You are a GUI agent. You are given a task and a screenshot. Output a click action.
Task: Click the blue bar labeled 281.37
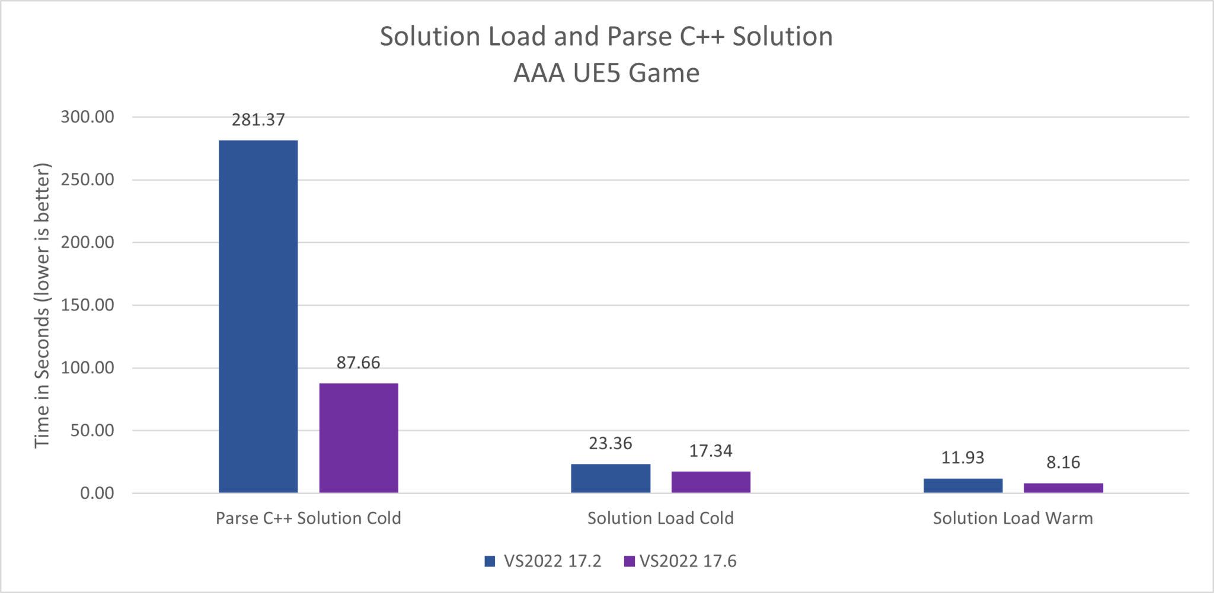point(258,316)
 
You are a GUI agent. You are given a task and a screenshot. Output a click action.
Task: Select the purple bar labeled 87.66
point(359,438)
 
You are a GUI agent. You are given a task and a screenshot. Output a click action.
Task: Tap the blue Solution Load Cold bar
point(611,478)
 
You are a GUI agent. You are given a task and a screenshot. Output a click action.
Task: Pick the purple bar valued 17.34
point(711,482)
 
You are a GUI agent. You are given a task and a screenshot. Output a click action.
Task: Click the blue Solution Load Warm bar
point(963,485)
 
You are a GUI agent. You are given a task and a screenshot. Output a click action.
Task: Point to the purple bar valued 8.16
point(1063,488)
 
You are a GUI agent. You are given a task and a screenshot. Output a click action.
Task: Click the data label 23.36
point(610,443)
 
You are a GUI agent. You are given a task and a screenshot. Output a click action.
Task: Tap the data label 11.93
point(963,457)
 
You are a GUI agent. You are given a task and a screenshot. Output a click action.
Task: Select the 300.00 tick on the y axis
point(88,117)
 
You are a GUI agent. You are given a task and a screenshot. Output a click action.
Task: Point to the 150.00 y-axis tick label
point(88,305)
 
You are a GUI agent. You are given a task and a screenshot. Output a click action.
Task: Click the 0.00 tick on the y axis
point(97,493)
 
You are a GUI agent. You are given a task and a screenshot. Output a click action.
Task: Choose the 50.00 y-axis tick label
point(92,430)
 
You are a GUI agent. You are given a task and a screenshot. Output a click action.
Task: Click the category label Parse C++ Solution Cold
point(308,518)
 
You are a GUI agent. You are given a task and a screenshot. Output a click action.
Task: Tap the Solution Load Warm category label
point(1012,518)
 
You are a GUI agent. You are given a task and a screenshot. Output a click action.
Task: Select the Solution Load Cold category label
point(660,518)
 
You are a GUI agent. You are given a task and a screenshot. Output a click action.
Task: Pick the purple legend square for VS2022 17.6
point(630,561)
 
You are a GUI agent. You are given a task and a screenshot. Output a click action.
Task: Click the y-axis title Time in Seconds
point(42,305)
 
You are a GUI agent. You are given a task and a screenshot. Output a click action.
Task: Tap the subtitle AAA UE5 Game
point(606,73)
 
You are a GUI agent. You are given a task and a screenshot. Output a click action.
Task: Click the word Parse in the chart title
point(640,37)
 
